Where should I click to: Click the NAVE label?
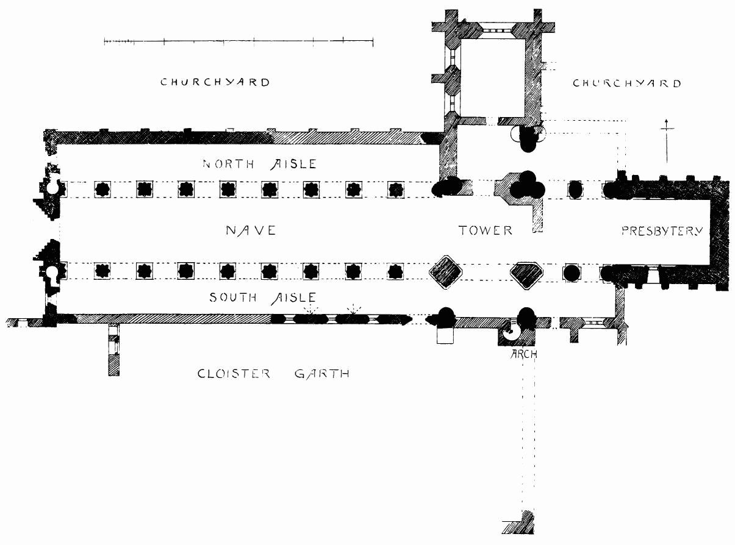tap(251, 230)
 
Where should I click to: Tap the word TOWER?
tap(486, 230)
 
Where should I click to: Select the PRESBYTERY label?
tap(662, 231)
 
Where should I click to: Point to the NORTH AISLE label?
tap(260, 163)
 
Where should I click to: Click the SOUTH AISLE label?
tap(263, 297)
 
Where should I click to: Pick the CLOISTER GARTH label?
tap(274, 374)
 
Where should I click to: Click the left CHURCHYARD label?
tap(215, 82)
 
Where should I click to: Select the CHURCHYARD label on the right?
tap(626, 84)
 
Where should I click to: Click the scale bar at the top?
tap(238, 41)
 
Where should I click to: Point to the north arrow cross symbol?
tap(667, 140)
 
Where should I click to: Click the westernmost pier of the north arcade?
tap(102, 189)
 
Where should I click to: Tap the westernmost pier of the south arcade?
tap(102, 270)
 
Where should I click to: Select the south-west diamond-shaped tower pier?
tap(444, 271)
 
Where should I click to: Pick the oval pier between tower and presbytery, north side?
tap(575, 189)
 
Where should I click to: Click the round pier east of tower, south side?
tap(572, 272)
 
